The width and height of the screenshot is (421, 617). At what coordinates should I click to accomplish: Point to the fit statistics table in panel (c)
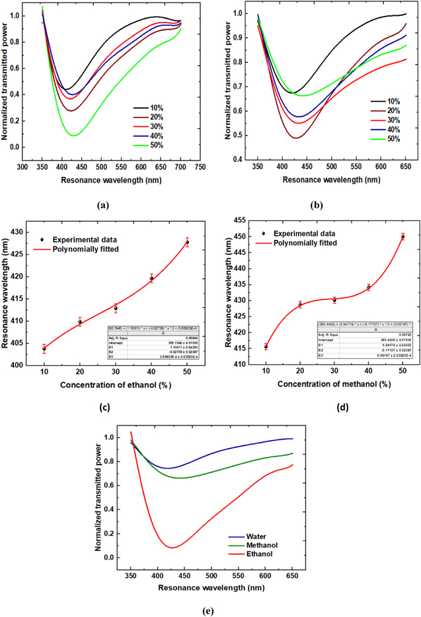(x=154, y=343)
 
